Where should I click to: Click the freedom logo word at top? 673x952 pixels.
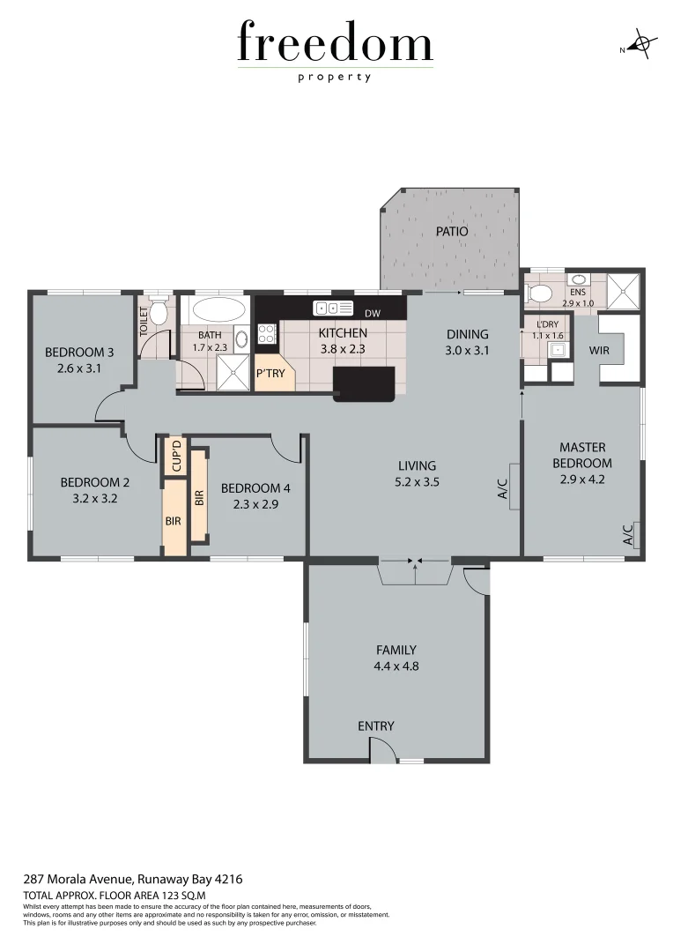335,44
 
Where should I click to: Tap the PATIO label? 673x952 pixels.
451,232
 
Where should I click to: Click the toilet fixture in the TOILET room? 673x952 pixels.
159,312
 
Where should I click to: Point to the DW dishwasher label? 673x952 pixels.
372,313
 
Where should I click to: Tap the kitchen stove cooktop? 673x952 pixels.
266,333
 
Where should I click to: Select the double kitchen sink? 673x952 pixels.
328,308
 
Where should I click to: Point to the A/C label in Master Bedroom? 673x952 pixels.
629,535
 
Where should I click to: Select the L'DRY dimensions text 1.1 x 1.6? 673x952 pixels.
547,336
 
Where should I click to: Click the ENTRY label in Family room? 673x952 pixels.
376,726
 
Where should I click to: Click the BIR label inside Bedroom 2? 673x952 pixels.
173,521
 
